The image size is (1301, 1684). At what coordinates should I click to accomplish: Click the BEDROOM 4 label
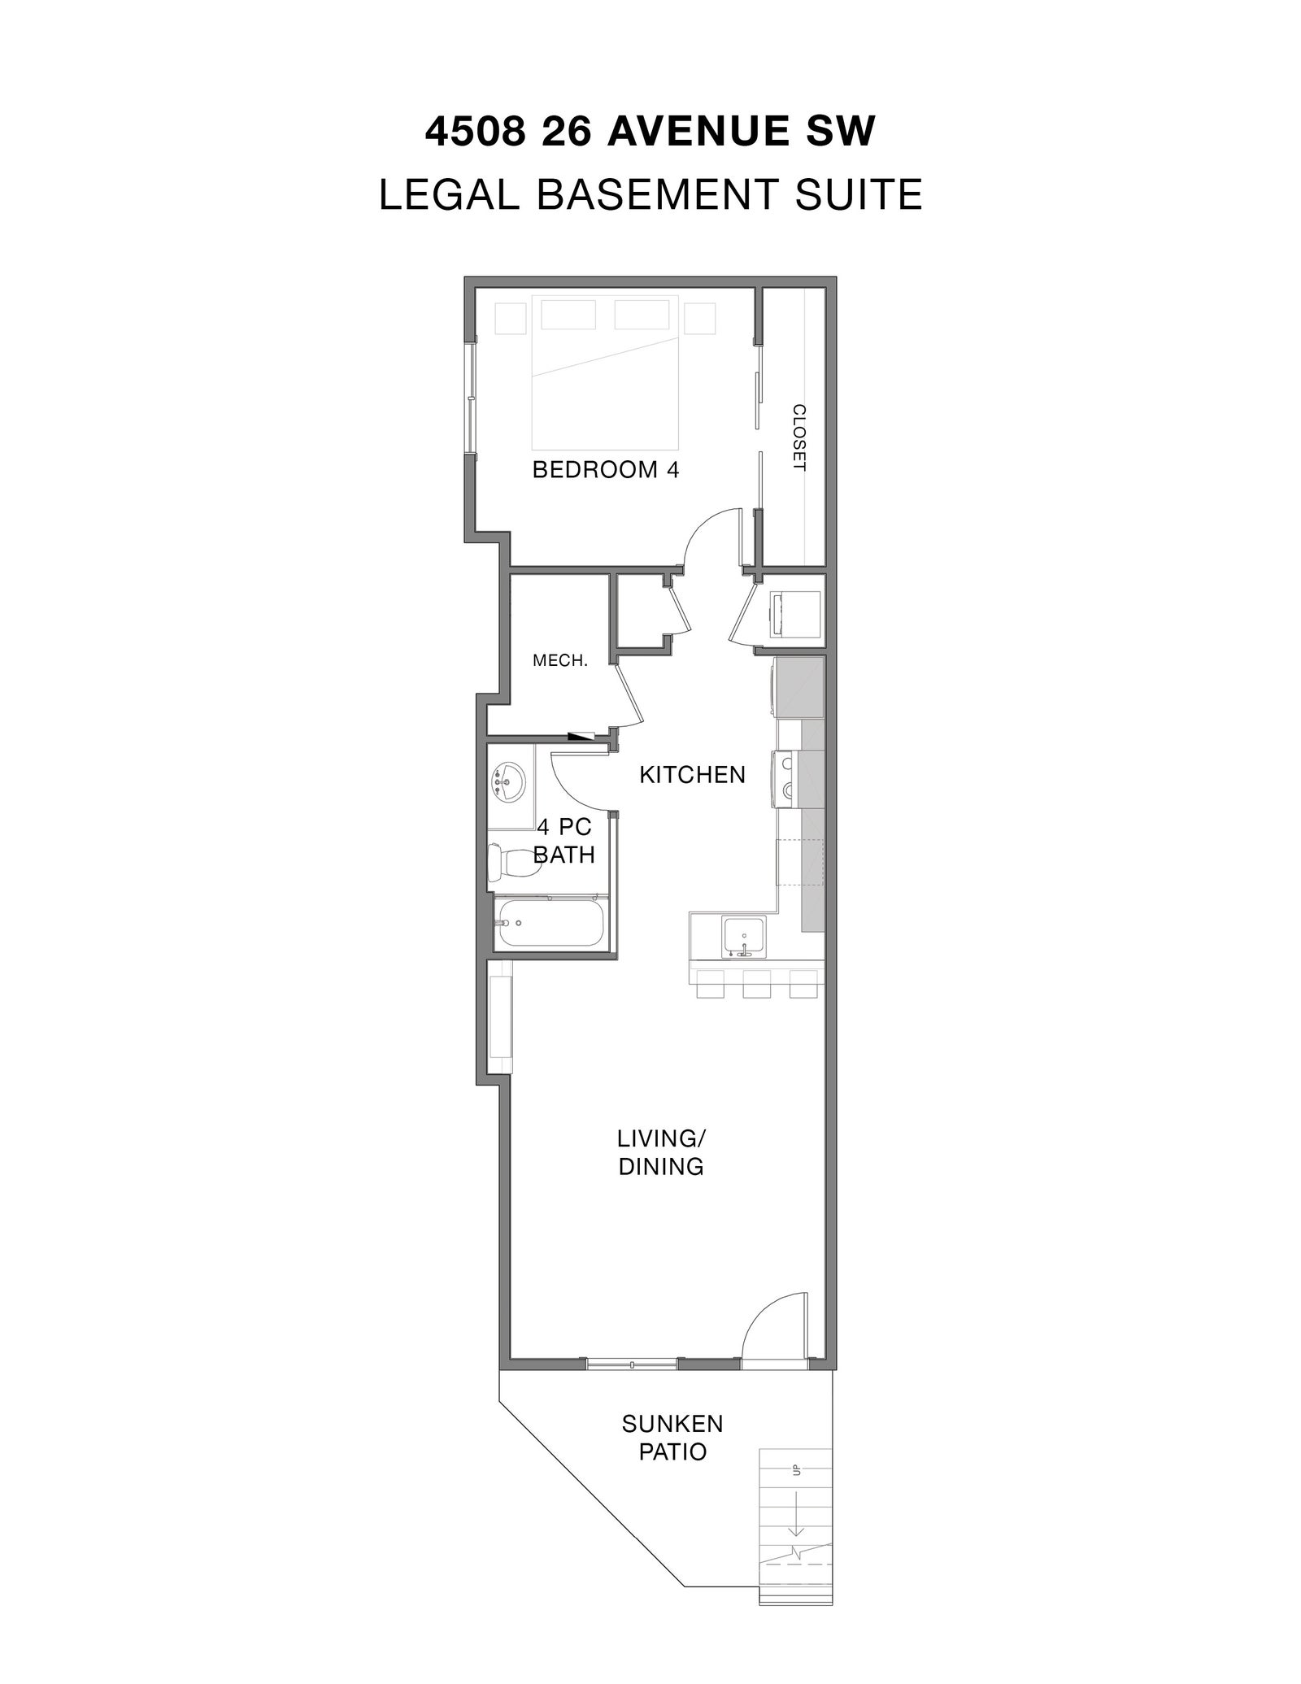coord(605,469)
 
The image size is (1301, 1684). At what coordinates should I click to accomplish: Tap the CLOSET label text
coord(798,437)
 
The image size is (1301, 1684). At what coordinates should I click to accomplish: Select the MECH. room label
coord(560,661)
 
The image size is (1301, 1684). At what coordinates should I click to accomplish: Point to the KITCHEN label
coord(692,774)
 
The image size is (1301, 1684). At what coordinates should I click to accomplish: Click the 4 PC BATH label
coord(564,841)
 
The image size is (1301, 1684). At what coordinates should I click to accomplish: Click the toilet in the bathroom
coord(514,863)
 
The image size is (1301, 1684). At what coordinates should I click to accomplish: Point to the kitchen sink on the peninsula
coord(744,935)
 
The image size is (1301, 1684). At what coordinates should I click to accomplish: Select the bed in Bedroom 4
coord(605,372)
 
